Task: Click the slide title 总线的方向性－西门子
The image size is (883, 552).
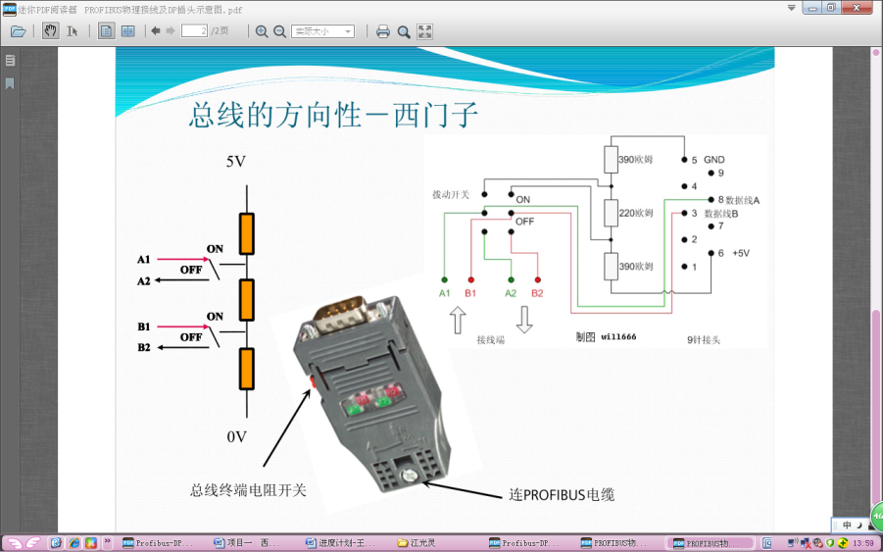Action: pos(334,116)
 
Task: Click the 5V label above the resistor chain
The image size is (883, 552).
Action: pos(236,162)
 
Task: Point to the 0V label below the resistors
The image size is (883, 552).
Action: pos(236,436)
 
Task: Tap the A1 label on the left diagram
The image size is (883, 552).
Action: pos(144,260)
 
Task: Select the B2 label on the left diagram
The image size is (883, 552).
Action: pos(144,347)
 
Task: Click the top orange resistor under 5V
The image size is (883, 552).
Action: pos(247,234)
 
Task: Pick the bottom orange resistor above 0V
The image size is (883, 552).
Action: pos(247,371)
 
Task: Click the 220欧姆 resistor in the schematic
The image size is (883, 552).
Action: pos(610,213)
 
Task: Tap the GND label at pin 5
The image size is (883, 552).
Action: pos(713,160)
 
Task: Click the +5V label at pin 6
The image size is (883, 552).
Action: pos(740,253)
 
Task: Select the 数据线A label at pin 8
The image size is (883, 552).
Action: pos(742,200)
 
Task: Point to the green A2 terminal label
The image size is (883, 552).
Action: pos(511,293)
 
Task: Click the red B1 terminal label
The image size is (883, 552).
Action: pos(470,293)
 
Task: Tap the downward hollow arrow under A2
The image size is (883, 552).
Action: pos(524,321)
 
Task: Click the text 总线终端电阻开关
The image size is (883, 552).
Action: pos(248,489)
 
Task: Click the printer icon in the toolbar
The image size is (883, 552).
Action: pos(383,31)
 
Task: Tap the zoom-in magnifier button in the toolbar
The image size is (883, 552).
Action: pos(262,31)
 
